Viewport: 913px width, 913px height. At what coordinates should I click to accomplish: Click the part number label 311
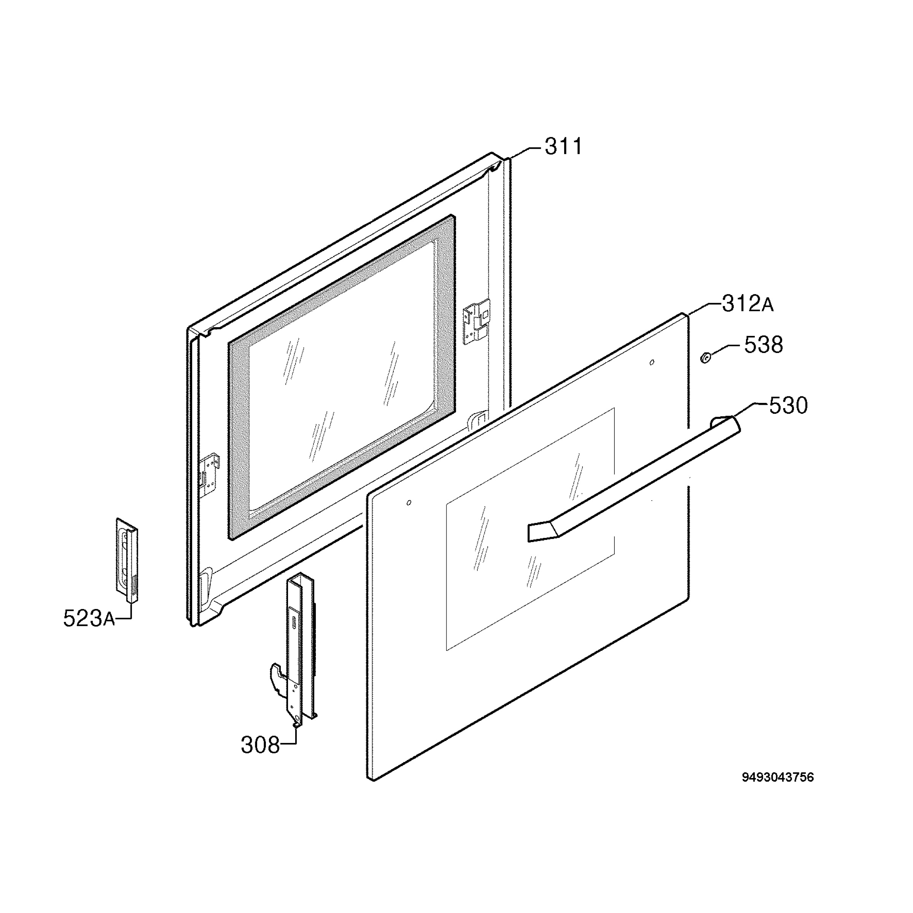[564, 147]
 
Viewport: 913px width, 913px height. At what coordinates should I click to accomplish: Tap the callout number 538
[763, 345]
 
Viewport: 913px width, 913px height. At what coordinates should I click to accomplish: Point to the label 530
[788, 406]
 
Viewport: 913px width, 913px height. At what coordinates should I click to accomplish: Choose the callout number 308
[260, 745]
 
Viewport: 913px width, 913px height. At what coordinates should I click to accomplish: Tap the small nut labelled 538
[705, 359]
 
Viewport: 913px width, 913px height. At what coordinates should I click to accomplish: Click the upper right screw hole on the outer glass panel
[652, 363]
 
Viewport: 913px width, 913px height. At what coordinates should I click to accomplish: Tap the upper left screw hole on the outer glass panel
[409, 502]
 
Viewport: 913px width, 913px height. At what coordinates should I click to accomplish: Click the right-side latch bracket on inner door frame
[476, 322]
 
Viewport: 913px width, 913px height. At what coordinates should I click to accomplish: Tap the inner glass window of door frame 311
[341, 377]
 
